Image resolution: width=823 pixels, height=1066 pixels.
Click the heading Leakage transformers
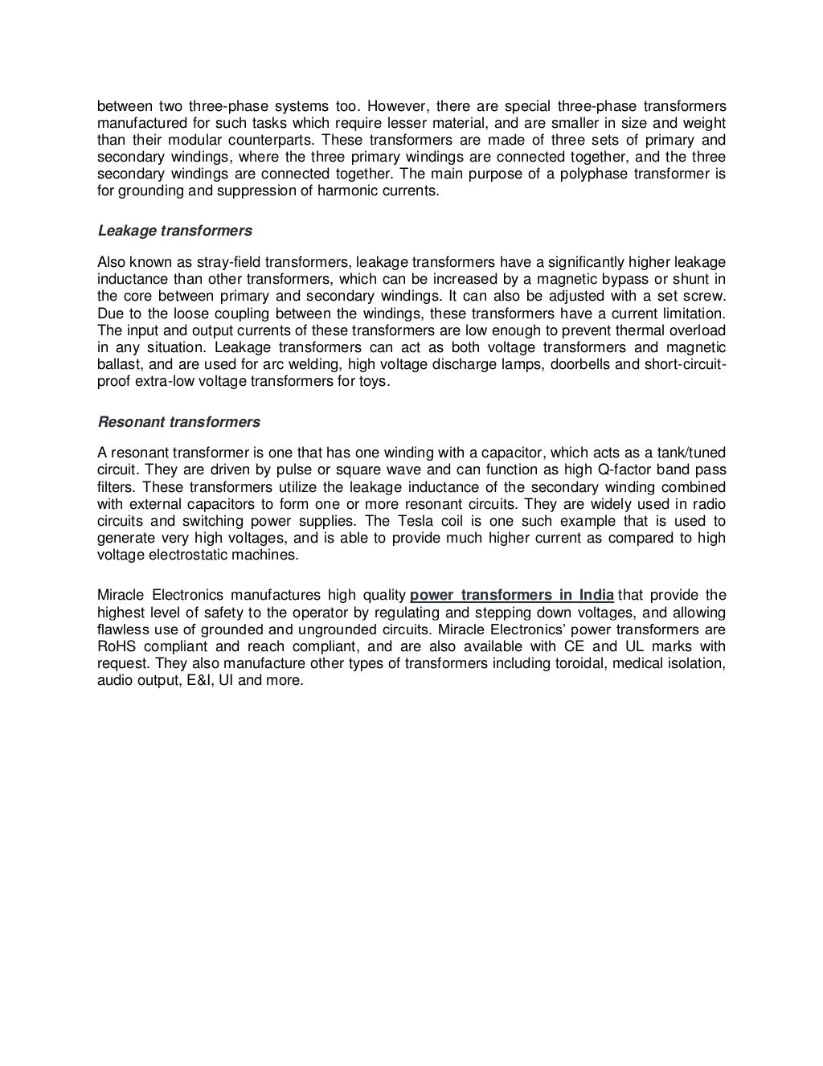click(174, 231)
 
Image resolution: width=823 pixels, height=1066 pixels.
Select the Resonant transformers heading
click(178, 421)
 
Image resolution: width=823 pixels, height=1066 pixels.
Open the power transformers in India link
click(512, 595)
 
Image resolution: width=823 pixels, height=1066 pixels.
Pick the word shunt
click(708, 279)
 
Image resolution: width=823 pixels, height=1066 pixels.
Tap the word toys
click(375, 381)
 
